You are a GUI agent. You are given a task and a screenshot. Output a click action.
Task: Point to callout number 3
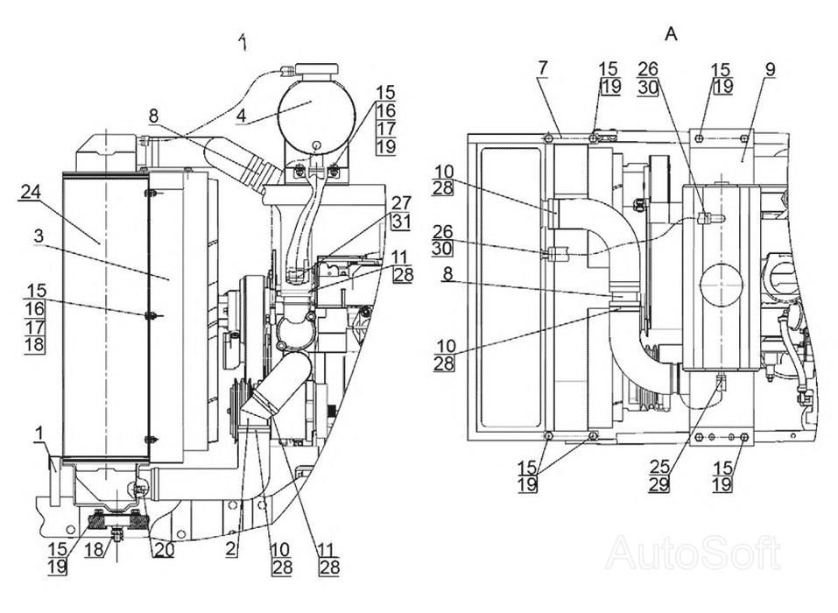click(x=39, y=236)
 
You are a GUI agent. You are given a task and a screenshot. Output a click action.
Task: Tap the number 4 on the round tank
click(x=242, y=116)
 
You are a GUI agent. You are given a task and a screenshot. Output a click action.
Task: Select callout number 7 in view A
click(x=543, y=68)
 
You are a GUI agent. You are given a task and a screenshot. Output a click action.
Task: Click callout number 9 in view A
click(x=770, y=69)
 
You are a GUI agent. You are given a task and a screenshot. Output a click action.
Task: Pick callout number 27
click(x=401, y=204)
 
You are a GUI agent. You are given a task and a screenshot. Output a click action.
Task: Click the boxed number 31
click(x=401, y=222)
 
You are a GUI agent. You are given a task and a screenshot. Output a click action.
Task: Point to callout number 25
click(x=660, y=467)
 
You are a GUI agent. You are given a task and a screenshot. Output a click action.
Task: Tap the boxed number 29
click(x=660, y=485)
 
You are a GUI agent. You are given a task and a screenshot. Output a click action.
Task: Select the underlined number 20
click(x=165, y=550)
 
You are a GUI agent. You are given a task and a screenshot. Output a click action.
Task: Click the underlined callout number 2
click(x=230, y=550)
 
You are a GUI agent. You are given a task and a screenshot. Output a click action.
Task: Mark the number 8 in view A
click(x=447, y=275)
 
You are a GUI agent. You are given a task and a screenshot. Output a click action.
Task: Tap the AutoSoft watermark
click(x=693, y=553)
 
